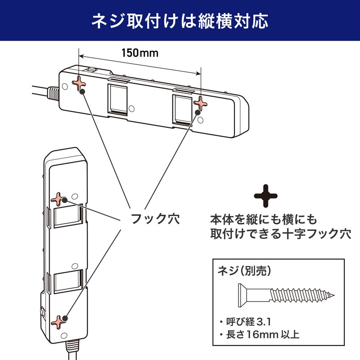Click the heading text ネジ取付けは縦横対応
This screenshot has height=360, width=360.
pyautogui.click(x=180, y=20)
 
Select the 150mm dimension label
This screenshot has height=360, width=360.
pyautogui.click(x=139, y=52)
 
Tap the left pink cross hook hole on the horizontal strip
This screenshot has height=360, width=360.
pyautogui.click(x=80, y=84)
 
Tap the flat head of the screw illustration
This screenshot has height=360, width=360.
pyautogui.click(x=240, y=295)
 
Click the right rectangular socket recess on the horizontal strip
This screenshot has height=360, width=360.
pyautogui.click(x=183, y=109)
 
